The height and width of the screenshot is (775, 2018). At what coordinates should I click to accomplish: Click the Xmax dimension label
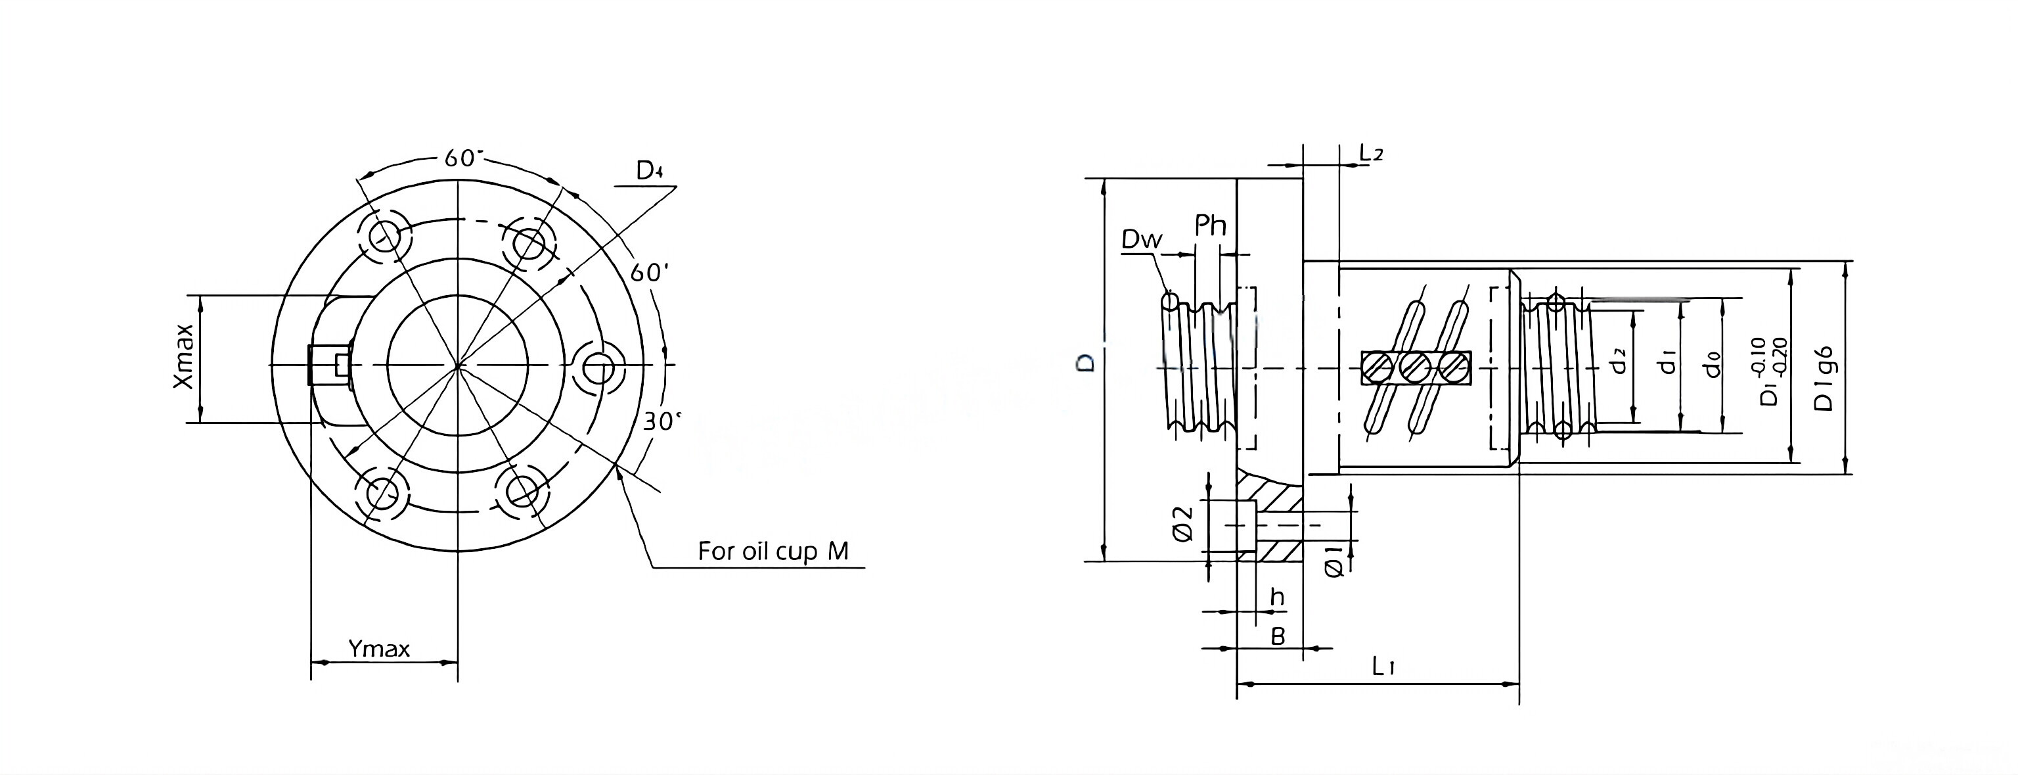[183, 356]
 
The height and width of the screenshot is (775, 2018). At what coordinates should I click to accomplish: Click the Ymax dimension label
[379, 649]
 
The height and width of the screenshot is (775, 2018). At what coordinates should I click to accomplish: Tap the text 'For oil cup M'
[773, 551]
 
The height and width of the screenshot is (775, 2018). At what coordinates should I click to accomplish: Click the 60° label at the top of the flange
[461, 158]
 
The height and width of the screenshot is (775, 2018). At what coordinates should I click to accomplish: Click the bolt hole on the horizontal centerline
[599, 366]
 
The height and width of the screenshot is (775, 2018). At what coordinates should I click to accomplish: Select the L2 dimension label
[1371, 154]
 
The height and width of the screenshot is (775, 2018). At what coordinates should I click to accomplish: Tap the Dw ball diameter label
[1142, 240]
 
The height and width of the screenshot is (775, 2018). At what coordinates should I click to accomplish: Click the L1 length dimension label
[1383, 667]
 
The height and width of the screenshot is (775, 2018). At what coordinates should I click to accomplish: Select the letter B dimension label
[1278, 637]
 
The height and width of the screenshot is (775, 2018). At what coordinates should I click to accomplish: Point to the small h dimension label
[1278, 598]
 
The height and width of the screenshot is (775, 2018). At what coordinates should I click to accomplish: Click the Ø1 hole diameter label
[1335, 562]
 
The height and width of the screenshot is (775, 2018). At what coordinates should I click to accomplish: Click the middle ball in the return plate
[1416, 367]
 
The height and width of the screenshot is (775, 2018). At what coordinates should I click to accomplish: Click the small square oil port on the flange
[341, 364]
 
